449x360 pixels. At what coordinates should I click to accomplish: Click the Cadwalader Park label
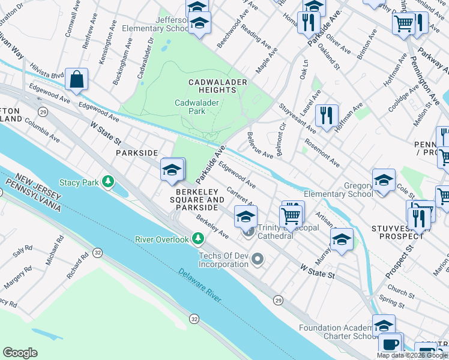click(x=197, y=107)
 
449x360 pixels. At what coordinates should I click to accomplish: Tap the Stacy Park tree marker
click(x=108, y=181)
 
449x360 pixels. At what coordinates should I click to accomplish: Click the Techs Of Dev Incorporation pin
click(x=258, y=259)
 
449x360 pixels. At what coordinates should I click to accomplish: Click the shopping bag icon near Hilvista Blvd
click(x=77, y=79)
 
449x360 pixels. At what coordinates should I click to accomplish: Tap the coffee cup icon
click(x=390, y=345)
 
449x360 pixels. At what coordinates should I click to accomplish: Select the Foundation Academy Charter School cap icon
click(x=384, y=326)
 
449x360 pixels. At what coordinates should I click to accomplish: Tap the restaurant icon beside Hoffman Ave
click(x=327, y=115)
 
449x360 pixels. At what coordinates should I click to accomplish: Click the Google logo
click(x=20, y=353)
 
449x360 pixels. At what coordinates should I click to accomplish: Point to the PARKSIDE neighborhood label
click(x=136, y=153)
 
